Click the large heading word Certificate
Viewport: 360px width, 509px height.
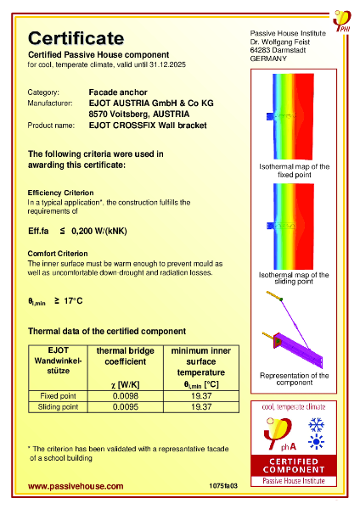tap(76, 38)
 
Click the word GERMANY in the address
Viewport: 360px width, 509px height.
tap(269, 59)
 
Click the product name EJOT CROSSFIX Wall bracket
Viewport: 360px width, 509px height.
tap(148, 124)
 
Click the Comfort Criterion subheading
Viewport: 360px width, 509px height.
tap(58, 254)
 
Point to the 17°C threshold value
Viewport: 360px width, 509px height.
tap(73, 301)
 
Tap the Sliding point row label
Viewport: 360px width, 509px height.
tap(59, 407)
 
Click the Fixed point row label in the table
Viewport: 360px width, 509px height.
tap(59, 395)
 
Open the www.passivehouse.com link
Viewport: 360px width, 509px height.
tap(76, 486)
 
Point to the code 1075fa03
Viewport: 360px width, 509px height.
tap(222, 487)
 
